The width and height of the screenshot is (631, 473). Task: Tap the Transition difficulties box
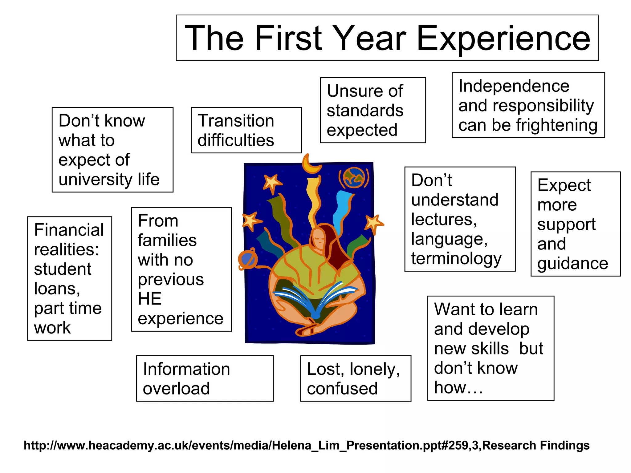(x=246, y=130)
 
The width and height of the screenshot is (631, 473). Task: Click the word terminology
(x=456, y=258)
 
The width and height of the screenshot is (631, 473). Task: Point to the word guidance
(x=572, y=264)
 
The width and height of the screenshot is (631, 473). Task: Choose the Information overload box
(x=205, y=378)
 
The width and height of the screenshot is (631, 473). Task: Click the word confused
(x=342, y=389)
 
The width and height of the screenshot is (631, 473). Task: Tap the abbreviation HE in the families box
(x=149, y=299)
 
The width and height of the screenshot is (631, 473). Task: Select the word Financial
(x=69, y=230)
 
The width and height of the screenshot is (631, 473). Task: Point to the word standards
(x=365, y=111)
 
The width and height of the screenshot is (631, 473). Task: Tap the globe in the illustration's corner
(x=354, y=178)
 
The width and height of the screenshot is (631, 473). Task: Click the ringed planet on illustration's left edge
(x=248, y=260)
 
